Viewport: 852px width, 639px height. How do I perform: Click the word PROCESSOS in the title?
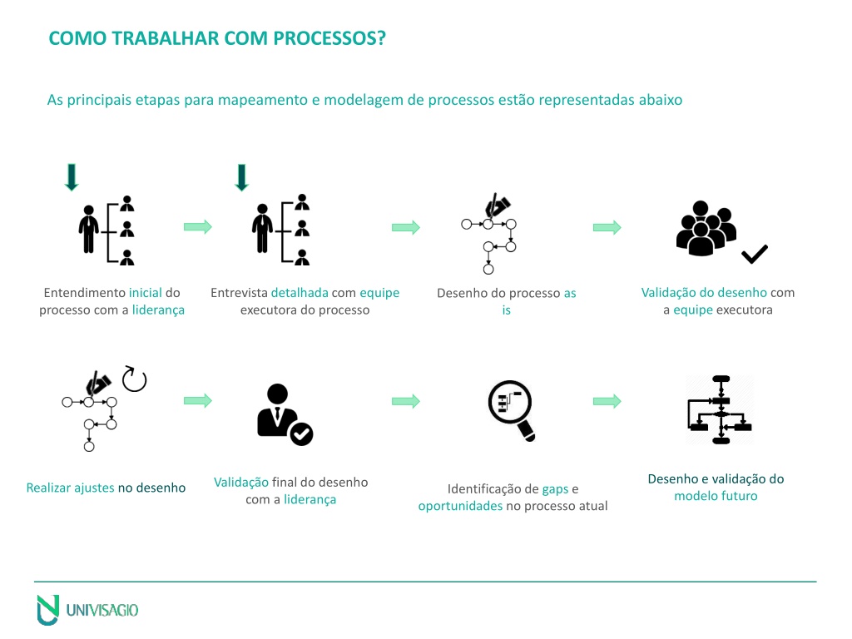tap(329, 38)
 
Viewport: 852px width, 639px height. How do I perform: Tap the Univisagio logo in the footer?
tap(87, 610)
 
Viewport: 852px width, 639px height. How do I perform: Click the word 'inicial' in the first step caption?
tap(145, 292)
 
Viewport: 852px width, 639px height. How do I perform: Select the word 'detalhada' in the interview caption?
tap(300, 292)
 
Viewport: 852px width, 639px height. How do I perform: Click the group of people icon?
tap(706, 228)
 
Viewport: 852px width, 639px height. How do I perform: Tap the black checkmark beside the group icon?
tap(755, 254)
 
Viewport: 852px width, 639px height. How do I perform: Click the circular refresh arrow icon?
tap(134, 379)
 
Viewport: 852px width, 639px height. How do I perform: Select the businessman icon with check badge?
tap(285, 414)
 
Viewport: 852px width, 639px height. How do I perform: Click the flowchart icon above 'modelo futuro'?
tap(721, 409)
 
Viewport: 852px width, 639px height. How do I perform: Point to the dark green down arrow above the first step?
tap(72, 177)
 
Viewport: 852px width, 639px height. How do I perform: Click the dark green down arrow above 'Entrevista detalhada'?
tap(242, 177)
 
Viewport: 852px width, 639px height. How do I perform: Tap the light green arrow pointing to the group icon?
tap(607, 227)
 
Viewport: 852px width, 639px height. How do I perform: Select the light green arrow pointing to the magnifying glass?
tap(406, 401)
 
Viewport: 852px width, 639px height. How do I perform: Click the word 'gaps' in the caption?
tap(555, 489)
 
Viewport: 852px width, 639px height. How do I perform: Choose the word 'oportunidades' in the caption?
tap(460, 506)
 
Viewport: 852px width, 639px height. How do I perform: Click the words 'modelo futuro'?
tap(716, 496)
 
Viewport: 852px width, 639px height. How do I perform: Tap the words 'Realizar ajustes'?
tap(70, 488)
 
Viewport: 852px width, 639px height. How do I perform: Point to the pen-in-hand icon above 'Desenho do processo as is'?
tap(498, 206)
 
